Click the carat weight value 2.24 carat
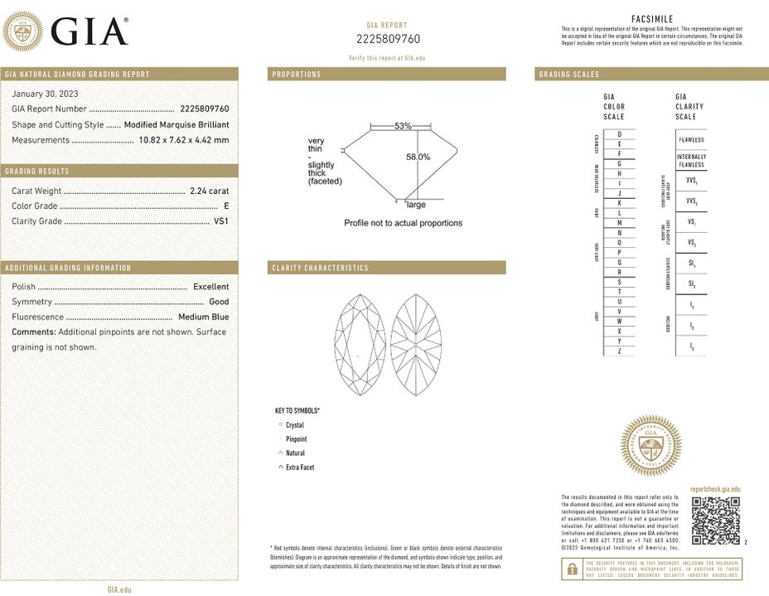(x=209, y=191)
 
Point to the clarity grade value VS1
(x=221, y=221)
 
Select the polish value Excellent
(x=210, y=287)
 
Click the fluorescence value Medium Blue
(x=203, y=317)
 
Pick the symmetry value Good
(x=219, y=302)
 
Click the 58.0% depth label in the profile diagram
(x=418, y=157)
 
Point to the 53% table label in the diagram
(x=403, y=126)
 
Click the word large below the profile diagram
(x=416, y=205)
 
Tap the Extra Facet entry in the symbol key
(x=299, y=468)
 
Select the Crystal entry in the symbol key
(x=294, y=425)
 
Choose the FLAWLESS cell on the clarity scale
(x=691, y=140)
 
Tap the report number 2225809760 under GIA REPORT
(x=388, y=39)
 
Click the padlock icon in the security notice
(x=572, y=569)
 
